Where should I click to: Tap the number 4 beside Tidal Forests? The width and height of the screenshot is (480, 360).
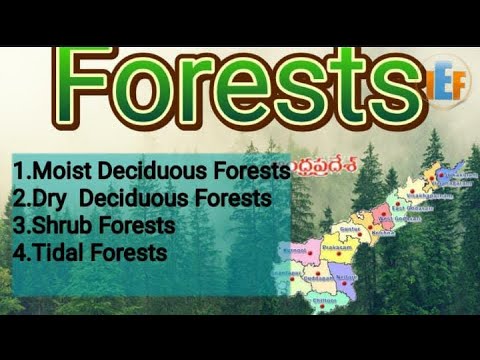18,253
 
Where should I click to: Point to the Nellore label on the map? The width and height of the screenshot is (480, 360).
345,274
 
